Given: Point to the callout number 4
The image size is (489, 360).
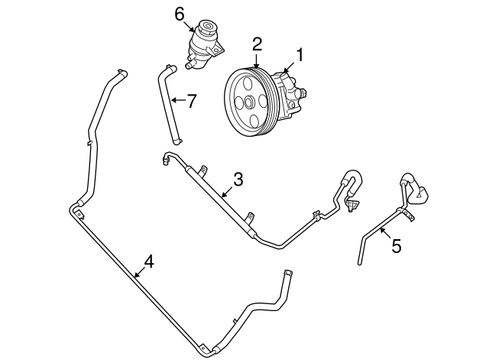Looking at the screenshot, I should [x=149, y=261].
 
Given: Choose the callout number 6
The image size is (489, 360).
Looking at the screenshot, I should [x=180, y=13].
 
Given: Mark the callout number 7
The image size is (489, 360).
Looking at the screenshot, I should [x=193, y=99].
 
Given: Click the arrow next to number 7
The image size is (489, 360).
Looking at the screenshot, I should [x=178, y=99].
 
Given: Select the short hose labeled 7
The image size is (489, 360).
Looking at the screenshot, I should [x=169, y=103].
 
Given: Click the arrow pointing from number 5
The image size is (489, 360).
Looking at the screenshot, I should [x=384, y=234].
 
